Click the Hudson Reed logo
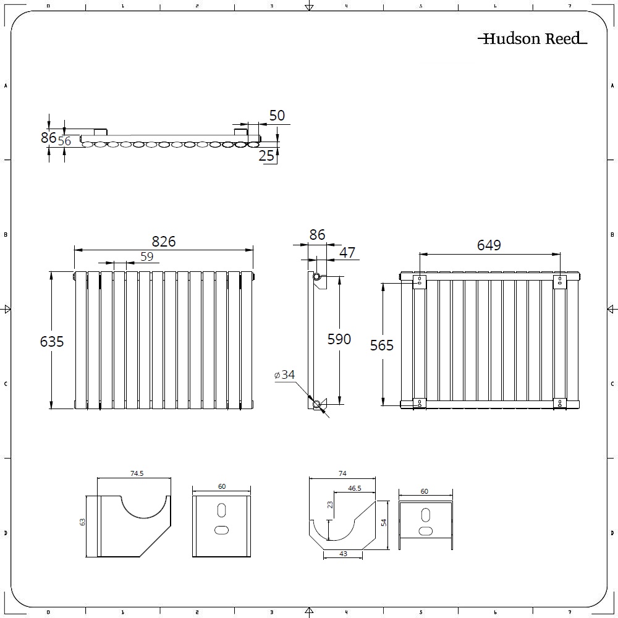(x=533, y=38)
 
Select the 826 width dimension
(x=164, y=241)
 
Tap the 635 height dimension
(x=52, y=341)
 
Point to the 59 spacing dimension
(x=146, y=256)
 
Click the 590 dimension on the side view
(x=339, y=339)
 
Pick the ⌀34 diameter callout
(x=284, y=375)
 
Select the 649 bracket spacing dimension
(x=489, y=245)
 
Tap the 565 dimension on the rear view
(x=381, y=345)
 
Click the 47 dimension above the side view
(x=347, y=252)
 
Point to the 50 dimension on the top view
(x=277, y=116)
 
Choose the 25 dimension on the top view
(x=266, y=156)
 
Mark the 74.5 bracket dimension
(x=137, y=473)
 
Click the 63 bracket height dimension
(x=82, y=522)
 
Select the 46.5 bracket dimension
(x=354, y=488)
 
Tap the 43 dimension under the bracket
(x=343, y=554)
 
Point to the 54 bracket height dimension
(x=384, y=522)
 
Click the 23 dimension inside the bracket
(x=330, y=504)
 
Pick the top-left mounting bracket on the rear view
(x=420, y=282)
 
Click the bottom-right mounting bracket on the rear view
(x=560, y=402)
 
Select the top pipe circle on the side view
(x=316, y=277)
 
